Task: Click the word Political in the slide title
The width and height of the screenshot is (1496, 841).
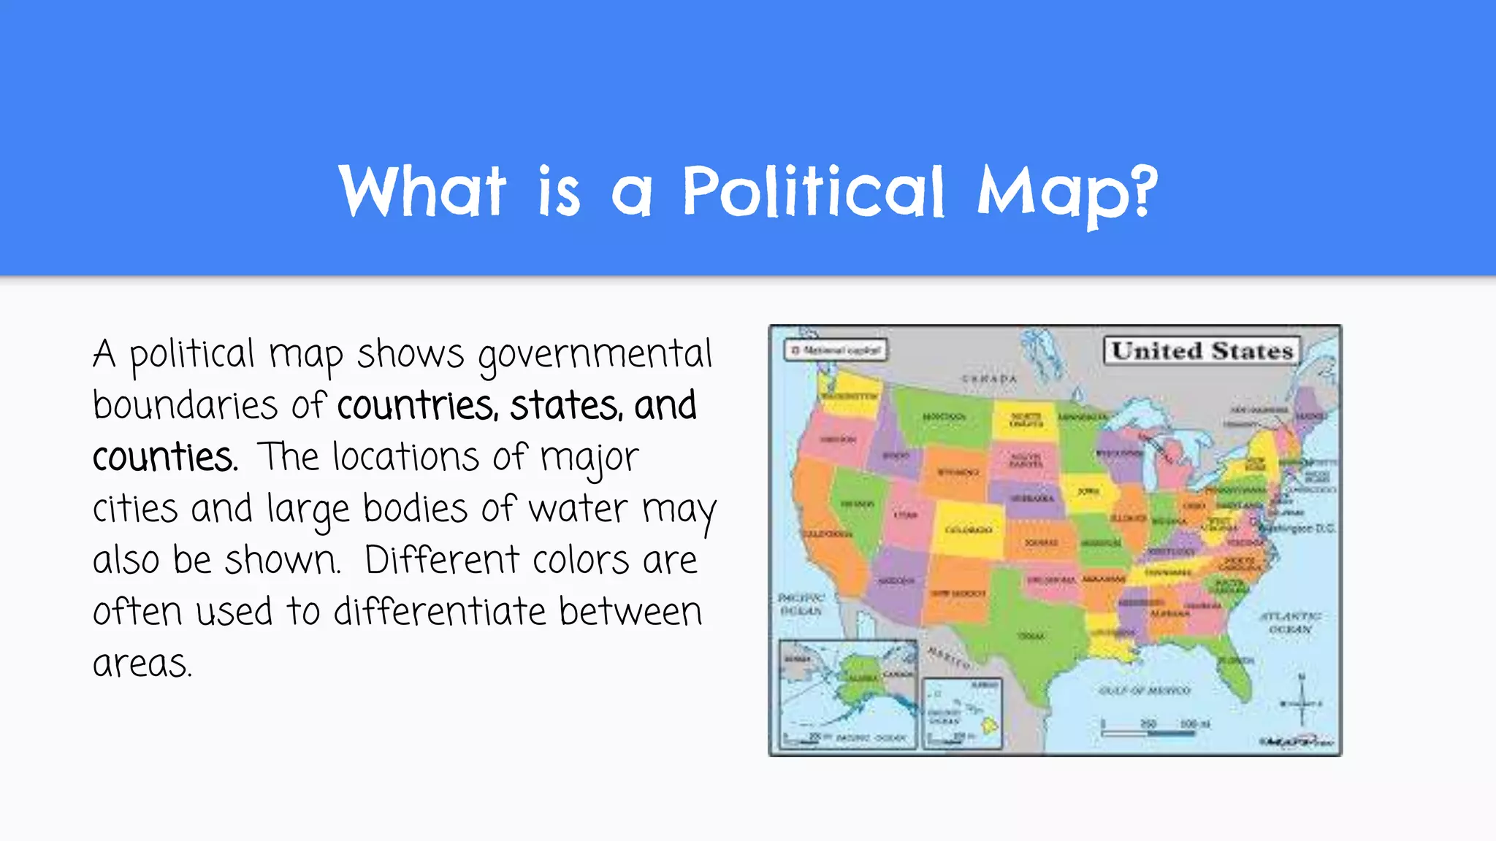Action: point(813,191)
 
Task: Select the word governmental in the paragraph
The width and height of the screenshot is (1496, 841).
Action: point(595,356)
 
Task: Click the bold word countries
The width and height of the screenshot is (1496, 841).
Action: point(417,407)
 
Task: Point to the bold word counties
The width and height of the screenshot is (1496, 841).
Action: point(164,458)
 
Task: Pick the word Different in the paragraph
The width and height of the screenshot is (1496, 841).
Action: point(441,561)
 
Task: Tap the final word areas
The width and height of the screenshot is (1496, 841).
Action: point(142,664)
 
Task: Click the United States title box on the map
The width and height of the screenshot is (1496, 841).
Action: point(1202,351)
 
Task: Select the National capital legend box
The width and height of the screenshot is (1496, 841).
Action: point(836,350)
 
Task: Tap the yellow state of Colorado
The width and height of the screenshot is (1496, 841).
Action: point(969,527)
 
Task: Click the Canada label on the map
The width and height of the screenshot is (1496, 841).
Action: point(989,379)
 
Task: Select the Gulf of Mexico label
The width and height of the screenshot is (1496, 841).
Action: point(1144,691)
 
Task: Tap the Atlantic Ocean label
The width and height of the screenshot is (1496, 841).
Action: point(1290,622)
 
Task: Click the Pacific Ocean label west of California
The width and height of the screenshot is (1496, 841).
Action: point(801,604)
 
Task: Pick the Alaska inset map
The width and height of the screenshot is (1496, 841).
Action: point(847,694)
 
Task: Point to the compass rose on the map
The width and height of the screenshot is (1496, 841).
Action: point(1301,701)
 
